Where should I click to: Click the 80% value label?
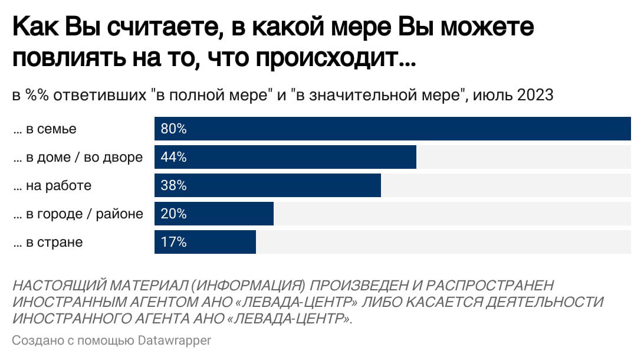173,129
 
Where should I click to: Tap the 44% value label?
173,158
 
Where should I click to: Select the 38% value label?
173,186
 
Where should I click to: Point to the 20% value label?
173,214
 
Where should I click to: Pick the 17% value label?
173,243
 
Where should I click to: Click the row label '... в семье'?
45,129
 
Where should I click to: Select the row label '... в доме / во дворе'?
78,158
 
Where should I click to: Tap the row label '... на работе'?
52,186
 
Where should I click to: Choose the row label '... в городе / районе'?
78,214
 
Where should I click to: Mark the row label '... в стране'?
48,243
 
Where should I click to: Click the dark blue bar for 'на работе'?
283,186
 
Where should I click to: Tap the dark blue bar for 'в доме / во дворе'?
301,158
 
